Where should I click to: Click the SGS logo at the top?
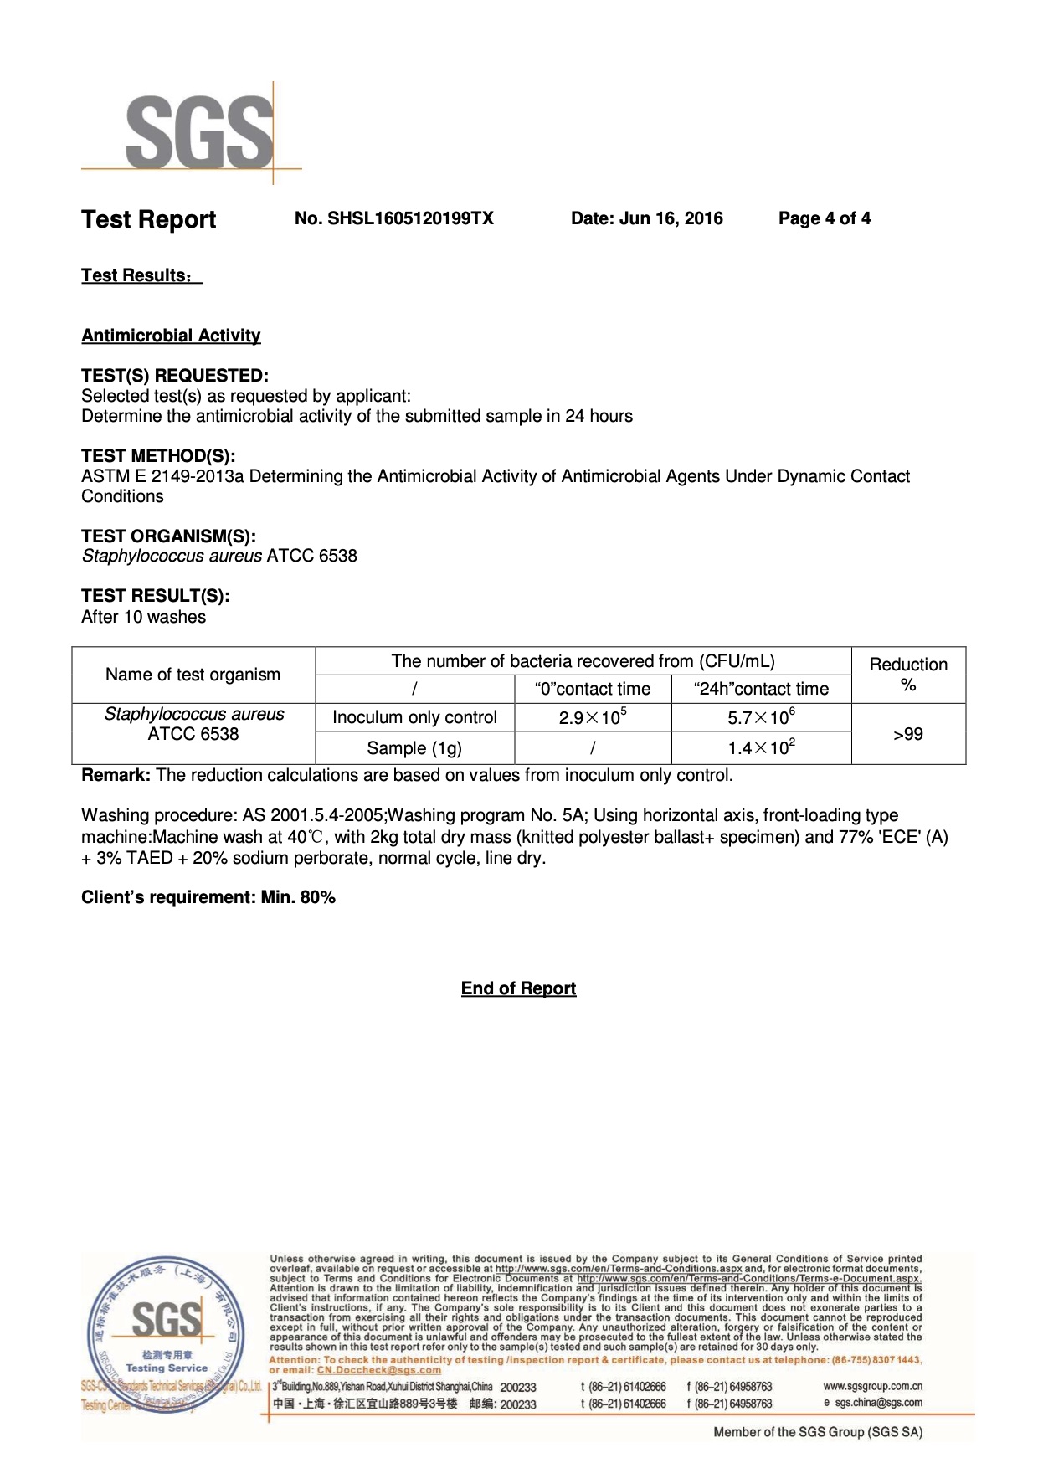(199, 131)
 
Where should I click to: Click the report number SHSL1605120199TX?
(393, 218)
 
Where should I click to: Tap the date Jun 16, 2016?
(646, 218)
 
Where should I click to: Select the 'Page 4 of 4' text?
(824, 218)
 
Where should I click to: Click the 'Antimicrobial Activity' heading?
(171, 336)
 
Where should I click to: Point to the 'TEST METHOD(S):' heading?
(158, 456)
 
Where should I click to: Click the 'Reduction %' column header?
(908, 675)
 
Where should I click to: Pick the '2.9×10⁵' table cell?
(593, 717)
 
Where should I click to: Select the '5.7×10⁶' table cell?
(761, 717)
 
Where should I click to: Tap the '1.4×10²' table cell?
(761, 747)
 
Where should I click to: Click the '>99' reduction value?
(908, 734)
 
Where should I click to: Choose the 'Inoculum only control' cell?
(414, 717)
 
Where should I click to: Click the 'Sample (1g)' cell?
(414, 748)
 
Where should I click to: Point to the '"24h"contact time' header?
(761, 689)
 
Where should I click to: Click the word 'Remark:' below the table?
(116, 775)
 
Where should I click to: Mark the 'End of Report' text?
(518, 988)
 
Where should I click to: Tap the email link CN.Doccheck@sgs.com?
(378, 1370)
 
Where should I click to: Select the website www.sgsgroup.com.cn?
(872, 1386)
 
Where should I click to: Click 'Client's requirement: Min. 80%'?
(208, 897)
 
